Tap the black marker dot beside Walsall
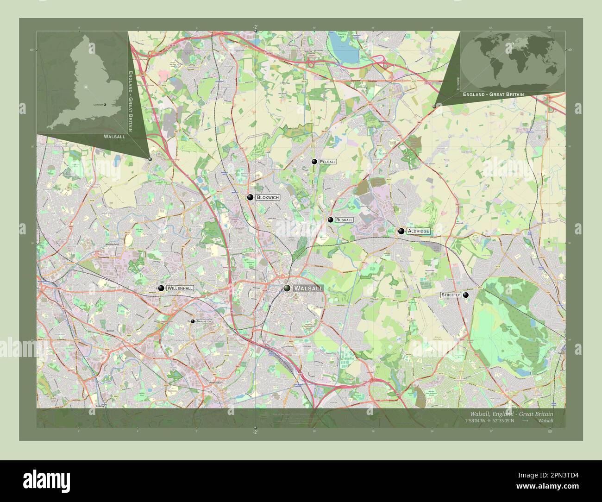[x=288, y=288]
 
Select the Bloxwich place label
[x=268, y=197]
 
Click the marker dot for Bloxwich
[x=250, y=197]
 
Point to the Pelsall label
[x=327, y=162]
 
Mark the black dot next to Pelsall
[x=314, y=162]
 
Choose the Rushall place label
[x=345, y=220]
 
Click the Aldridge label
[x=419, y=231]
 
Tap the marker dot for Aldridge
[x=401, y=231]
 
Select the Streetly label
[x=451, y=295]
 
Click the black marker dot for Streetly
[x=466, y=295]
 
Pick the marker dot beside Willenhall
[x=161, y=288]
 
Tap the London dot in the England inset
[x=106, y=105]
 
